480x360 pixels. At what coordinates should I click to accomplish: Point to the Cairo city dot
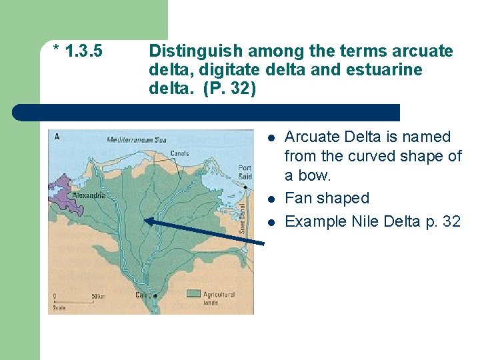coord(155,295)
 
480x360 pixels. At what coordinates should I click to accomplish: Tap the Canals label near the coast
coord(179,153)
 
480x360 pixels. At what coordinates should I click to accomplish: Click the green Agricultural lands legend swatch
coord(193,293)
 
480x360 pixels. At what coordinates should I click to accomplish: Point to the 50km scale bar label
coord(98,295)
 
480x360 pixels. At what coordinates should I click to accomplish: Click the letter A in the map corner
coord(57,137)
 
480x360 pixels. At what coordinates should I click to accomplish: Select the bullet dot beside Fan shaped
coord(271,199)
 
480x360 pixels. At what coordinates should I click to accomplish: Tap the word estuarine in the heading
coord(391,70)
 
